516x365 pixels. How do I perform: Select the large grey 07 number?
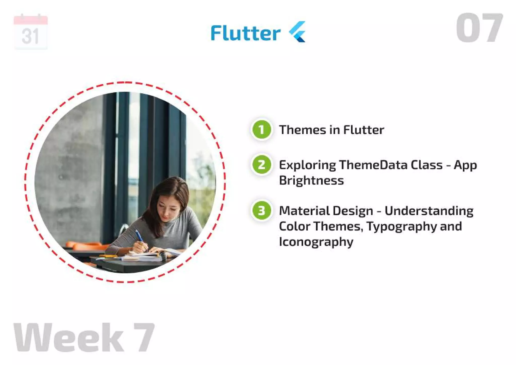[479, 28]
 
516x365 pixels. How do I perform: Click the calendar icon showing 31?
[30, 32]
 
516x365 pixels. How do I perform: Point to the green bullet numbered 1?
[262, 130]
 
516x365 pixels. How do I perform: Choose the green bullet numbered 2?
[262, 165]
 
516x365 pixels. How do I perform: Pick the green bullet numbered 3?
[262, 211]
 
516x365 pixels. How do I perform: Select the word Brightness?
[311, 181]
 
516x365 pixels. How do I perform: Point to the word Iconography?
[316, 242]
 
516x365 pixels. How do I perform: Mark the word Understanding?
[429, 211]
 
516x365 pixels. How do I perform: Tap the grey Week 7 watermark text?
[84, 337]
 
